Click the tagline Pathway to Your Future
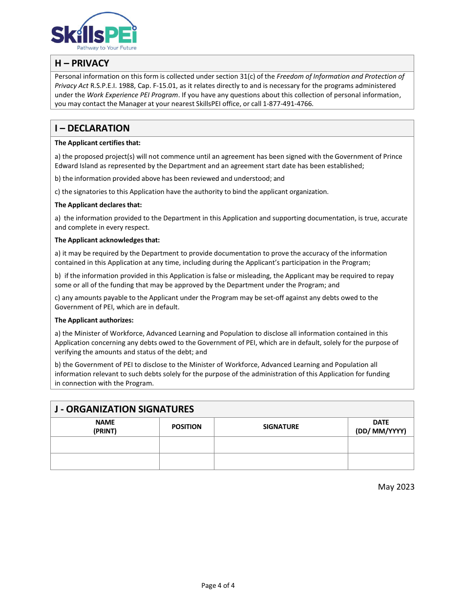pos(106,48)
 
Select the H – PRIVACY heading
pos(82,64)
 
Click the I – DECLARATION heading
pos(92,129)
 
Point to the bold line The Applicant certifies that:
pos(98,143)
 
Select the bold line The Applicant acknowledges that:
pos(107,240)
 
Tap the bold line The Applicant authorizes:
pos(94,320)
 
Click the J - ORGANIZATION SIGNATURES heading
pos(124,409)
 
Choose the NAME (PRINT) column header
pos(105,427)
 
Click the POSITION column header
pos(187,427)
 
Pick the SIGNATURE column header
pos(281,427)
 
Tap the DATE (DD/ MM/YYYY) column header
pos(381,427)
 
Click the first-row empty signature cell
pos(281,445)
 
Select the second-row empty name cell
pos(105,461)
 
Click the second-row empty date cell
pos(381,461)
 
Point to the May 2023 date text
pos(396,487)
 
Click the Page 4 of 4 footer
pos(218,585)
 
